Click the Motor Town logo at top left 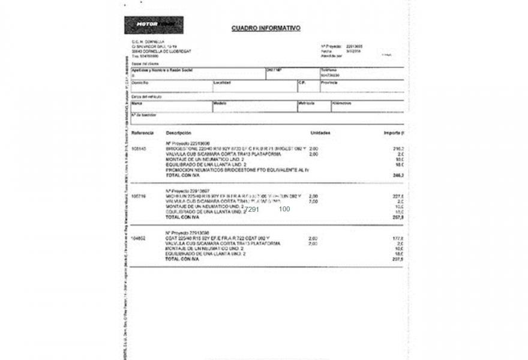click(x=154, y=25)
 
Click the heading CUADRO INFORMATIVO click(x=266, y=28)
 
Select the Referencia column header click(x=143, y=133)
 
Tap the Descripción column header click(x=178, y=133)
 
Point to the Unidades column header click(x=320, y=133)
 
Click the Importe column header click(x=394, y=133)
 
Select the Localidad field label click(x=222, y=82)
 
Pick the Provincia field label click(x=329, y=82)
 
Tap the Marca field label click(x=137, y=103)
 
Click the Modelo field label click(x=220, y=103)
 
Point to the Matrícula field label click(x=307, y=103)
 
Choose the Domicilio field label click(x=140, y=82)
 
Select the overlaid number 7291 click(x=251, y=209)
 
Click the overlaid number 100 click(x=284, y=209)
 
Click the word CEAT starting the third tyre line click(x=172, y=238)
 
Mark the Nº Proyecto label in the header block click(x=331, y=46)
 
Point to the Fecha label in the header click(x=326, y=51)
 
